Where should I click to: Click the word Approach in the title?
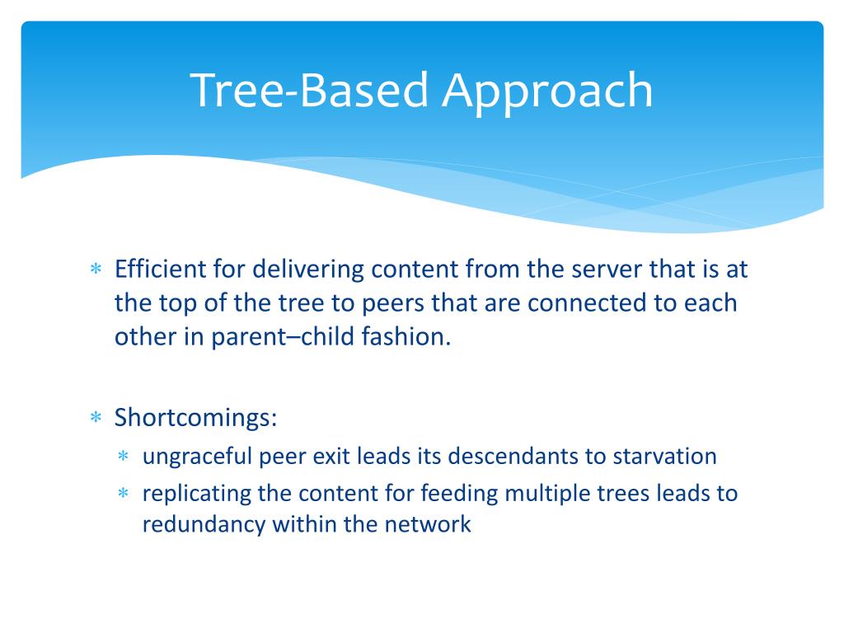tap(547, 92)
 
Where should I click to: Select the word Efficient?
tap(160, 269)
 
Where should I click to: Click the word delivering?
tap(308, 270)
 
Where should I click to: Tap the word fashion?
tap(406, 336)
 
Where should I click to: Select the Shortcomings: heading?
tap(196, 418)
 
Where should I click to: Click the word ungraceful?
tap(197, 457)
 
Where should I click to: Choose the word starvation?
tap(665, 457)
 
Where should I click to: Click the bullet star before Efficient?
tap(96, 268)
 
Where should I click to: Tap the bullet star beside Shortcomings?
tap(96, 416)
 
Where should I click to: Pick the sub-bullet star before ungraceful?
tap(124, 456)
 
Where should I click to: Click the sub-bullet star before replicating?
tap(124, 493)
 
